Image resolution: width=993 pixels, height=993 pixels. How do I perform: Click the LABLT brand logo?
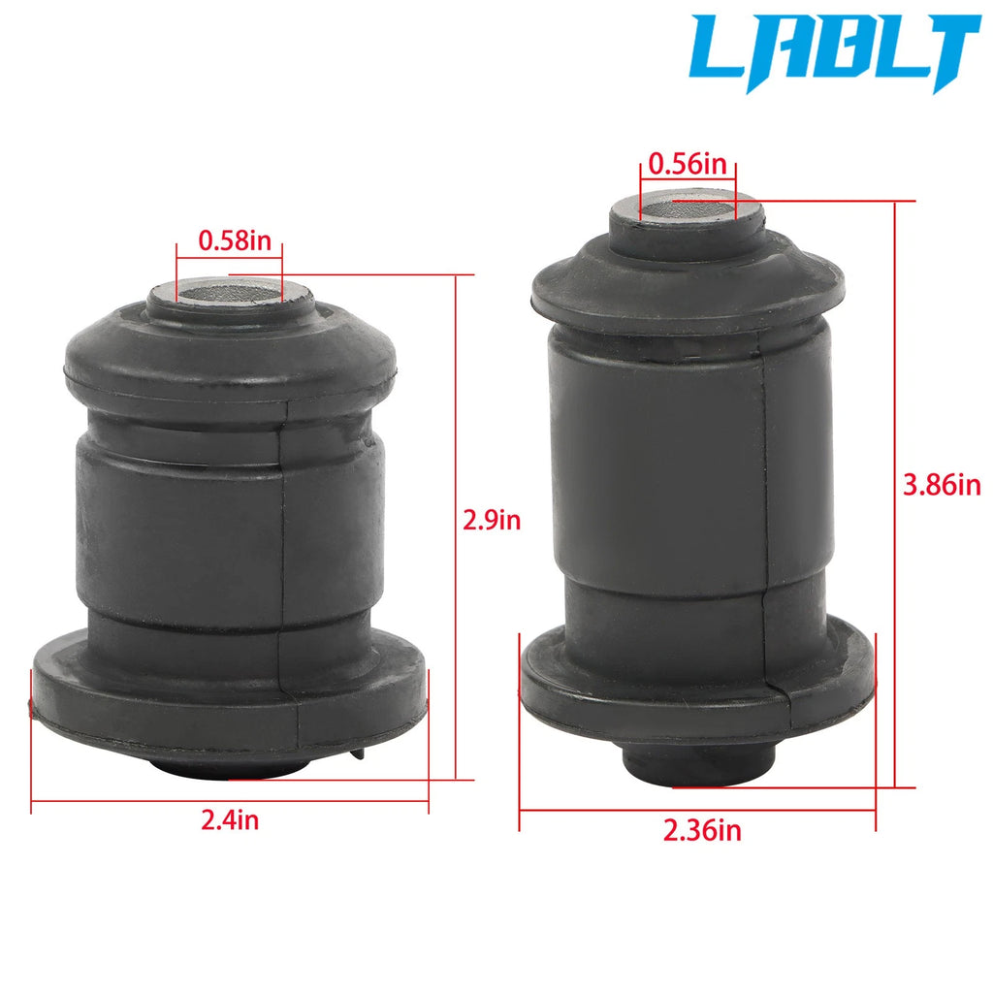point(835,52)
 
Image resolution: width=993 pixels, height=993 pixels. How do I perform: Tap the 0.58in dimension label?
point(235,240)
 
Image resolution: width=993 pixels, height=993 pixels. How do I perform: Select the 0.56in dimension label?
point(688,165)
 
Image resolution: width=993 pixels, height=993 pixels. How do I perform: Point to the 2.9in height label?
point(492,520)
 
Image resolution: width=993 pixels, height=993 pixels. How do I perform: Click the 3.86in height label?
point(942,486)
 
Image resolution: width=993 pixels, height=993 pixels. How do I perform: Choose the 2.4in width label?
point(230,820)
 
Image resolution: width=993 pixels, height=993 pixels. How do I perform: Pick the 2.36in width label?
point(702,830)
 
